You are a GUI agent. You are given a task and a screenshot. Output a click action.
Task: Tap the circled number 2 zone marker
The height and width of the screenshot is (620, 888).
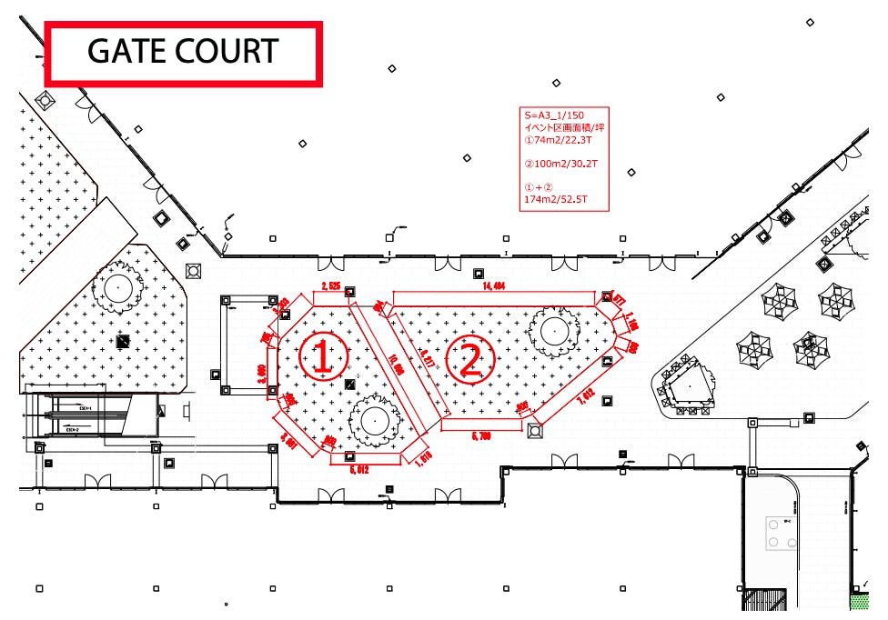(469, 360)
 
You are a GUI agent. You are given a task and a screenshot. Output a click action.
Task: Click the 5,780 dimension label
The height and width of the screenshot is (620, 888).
(481, 436)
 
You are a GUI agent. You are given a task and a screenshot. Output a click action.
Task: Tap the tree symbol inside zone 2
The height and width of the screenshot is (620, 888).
(553, 333)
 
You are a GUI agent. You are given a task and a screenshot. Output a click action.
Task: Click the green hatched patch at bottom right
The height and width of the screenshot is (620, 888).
(859, 601)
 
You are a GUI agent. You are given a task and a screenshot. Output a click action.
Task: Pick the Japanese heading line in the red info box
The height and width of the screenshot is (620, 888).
(565, 128)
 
